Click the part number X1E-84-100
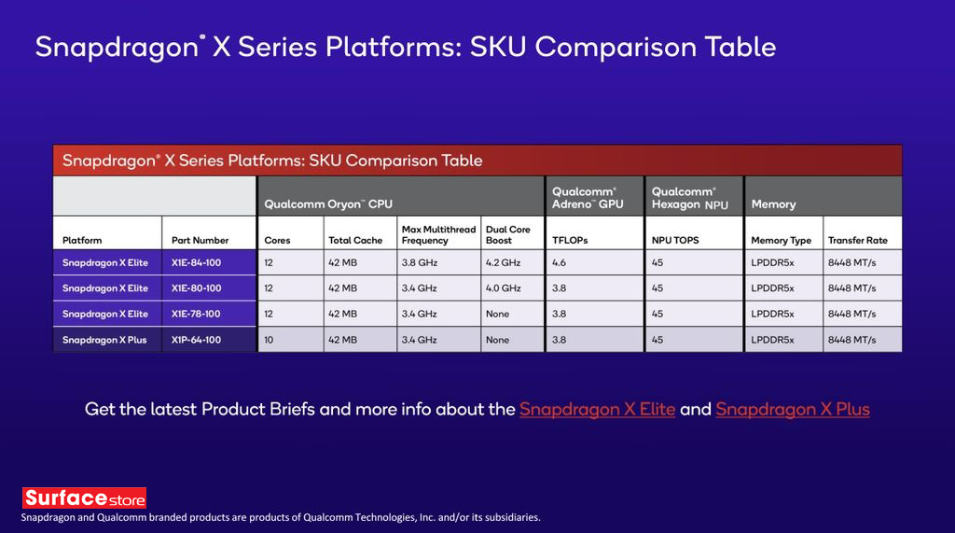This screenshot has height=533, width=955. tap(196, 263)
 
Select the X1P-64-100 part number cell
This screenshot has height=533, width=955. tap(196, 340)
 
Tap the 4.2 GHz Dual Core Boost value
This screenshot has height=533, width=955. tap(503, 263)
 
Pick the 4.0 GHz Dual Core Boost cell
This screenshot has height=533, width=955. tap(503, 288)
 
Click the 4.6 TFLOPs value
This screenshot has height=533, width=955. tap(560, 263)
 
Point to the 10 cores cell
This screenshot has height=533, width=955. tap(270, 340)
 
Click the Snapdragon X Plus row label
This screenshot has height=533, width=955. tap(104, 340)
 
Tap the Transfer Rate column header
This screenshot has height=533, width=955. tap(857, 240)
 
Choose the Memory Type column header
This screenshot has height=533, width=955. tap(781, 240)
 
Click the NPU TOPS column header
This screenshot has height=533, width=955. tap(675, 240)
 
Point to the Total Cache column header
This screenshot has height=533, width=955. tap(355, 240)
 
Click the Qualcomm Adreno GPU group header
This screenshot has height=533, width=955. tap(588, 197)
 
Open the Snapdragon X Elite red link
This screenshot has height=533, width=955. tap(597, 409)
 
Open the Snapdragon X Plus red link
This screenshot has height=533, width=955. tap(792, 409)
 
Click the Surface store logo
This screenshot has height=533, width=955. tap(84, 498)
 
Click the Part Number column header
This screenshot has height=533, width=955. tap(200, 240)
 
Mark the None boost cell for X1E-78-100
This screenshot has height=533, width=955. tap(497, 315)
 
